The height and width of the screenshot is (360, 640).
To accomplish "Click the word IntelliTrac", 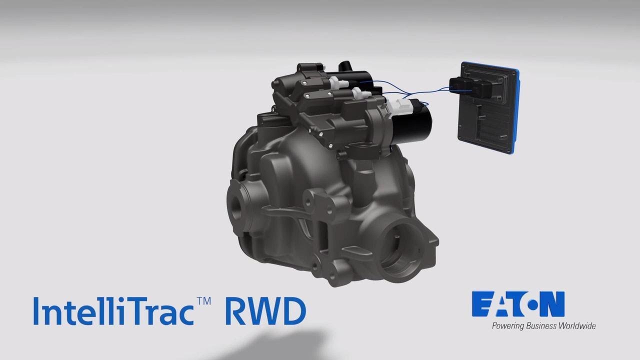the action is coord(113,311).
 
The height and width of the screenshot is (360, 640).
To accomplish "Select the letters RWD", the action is coord(265,311).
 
